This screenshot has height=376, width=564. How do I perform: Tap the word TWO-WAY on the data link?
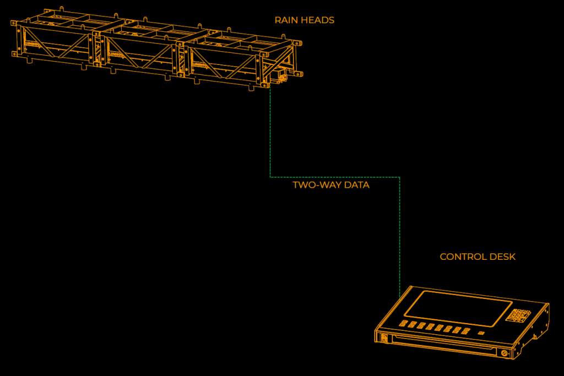coord(310,186)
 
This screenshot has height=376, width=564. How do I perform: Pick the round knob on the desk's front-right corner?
coord(503,353)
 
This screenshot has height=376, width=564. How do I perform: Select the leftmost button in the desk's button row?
coord(404,323)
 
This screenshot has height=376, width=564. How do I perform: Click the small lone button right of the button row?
coord(481,333)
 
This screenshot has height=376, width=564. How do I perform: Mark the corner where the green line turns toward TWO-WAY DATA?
coord(270,177)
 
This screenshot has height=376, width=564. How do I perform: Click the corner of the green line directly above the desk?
coord(399,177)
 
